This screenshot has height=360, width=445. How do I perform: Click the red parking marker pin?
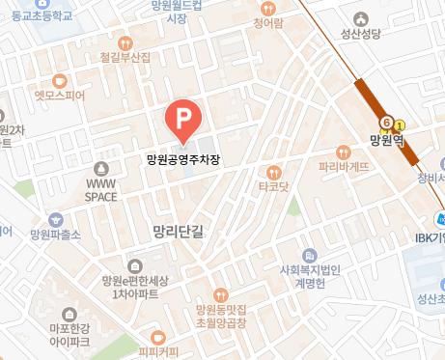tap(182, 120)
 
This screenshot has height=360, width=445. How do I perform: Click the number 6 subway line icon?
tap(386, 124)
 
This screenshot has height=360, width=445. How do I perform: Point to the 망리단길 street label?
tap(180, 232)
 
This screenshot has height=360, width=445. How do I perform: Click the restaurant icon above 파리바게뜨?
tap(344, 152)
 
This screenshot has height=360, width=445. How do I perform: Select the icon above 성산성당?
tap(362, 17)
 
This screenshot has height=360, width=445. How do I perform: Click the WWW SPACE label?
tap(101, 189)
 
